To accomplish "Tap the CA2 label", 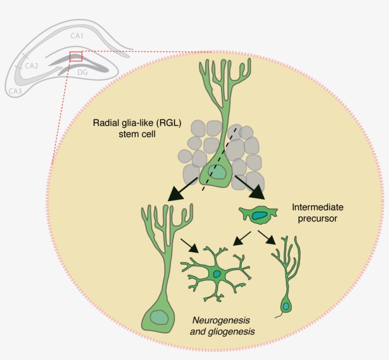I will [32, 65].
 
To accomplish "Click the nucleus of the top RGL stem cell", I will [218, 173].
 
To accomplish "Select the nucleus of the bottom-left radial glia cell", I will [157, 317].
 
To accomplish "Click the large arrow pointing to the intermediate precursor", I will [250, 186].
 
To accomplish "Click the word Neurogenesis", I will [223, 320].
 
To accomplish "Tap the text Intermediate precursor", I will [317, 212].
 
